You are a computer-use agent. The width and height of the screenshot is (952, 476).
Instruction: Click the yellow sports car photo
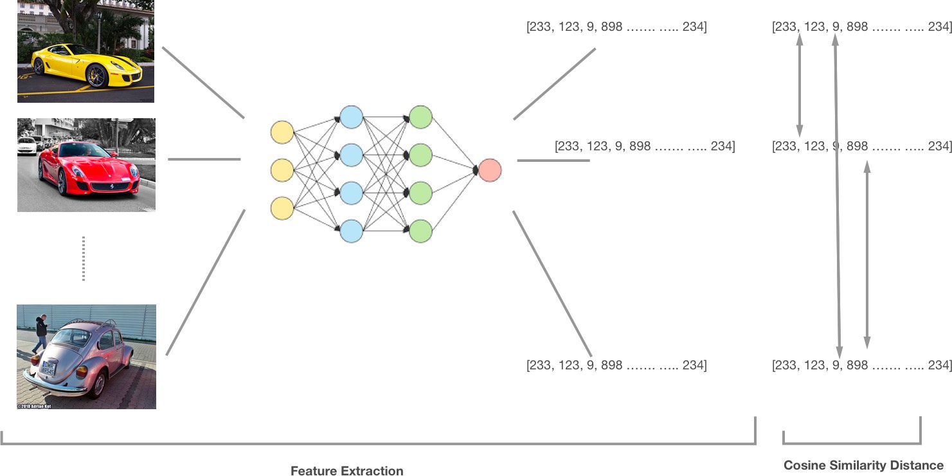[85, 51]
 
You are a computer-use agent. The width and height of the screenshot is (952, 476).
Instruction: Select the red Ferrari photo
[86, 164]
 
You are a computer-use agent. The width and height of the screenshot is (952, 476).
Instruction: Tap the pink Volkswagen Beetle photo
[86, 357]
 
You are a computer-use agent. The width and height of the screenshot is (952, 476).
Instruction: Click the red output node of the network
[489, 170]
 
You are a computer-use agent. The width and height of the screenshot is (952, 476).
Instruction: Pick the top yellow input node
[282, 132]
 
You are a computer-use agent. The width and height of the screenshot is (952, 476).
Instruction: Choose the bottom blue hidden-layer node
[351, 231]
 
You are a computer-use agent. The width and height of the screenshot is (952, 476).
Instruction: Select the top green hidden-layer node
[420, 118]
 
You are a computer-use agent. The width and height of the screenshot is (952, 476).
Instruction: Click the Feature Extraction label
[346, 471]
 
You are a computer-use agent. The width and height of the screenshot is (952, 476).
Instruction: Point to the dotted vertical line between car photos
[84, 258]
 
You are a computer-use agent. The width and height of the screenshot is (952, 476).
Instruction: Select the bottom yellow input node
[282, 208]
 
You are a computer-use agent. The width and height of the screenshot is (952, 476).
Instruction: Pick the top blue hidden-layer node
[351, 118]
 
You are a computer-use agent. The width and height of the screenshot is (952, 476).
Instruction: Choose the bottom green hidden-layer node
[420, 231]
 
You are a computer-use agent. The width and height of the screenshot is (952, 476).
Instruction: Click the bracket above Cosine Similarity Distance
[852, 442]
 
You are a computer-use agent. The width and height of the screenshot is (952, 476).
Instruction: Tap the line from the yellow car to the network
[203, 82]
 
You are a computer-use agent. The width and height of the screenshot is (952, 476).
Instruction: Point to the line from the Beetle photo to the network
[206, 283]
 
